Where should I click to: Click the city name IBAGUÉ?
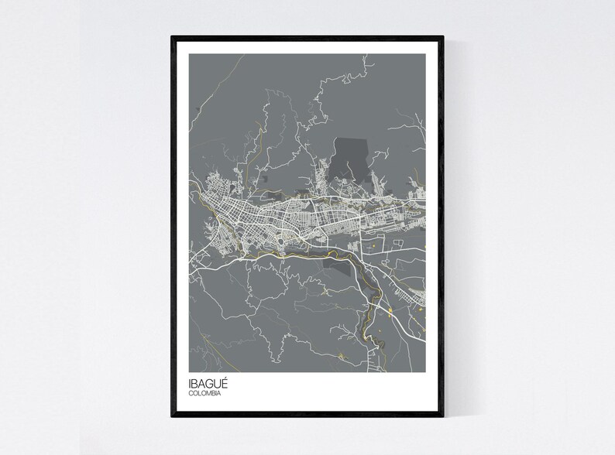[208, 384]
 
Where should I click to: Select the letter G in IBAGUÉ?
[209, 385]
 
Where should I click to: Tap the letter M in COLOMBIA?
[210, 394]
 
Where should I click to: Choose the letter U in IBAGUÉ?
[218, 385]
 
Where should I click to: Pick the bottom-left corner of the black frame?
[172, 419]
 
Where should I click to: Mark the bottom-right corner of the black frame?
[444, 419]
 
